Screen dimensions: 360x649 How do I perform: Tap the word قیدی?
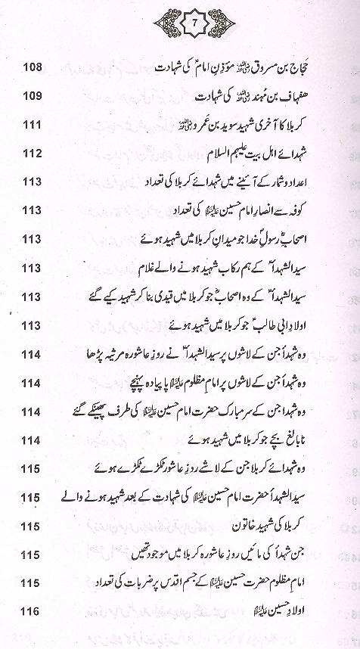pyautogui.click(x=209, y=297)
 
